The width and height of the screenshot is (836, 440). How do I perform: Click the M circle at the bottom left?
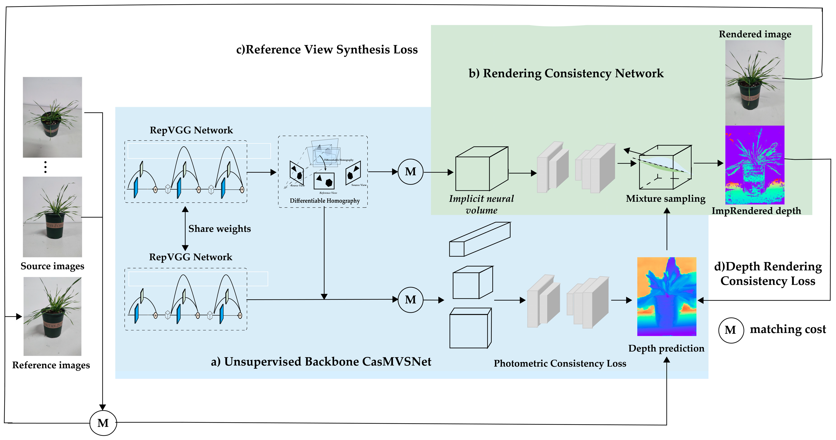pos(103,423)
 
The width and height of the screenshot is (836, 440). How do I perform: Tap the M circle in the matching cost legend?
pos(730,330)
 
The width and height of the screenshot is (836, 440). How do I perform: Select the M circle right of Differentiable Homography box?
pos(410,172)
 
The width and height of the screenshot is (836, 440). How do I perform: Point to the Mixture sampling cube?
pos(665,167)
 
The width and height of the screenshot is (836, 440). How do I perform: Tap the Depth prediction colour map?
pos(666,296)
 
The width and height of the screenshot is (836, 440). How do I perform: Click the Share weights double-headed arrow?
pos(185,228)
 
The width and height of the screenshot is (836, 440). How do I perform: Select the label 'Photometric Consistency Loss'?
pos(560,363)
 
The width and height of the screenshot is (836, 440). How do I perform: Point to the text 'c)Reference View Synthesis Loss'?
pos(327,49)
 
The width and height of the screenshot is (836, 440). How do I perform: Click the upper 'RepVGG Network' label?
pos(191,130)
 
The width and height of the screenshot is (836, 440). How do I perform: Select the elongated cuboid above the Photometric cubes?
pos(480,239)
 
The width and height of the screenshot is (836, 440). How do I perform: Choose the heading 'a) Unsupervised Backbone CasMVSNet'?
pos(321,361)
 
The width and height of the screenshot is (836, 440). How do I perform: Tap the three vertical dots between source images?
pos(45,167)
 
